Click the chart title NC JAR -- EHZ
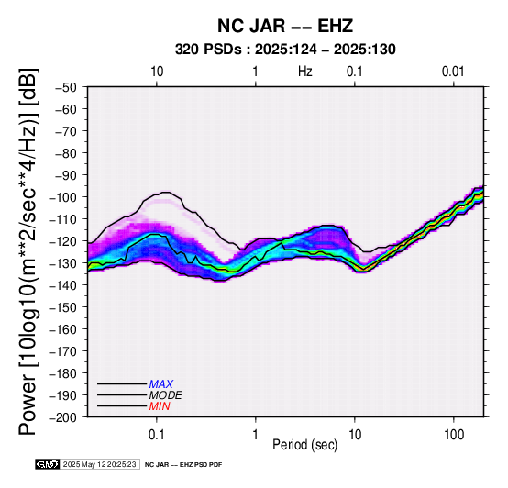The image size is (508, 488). (x=285, y=26)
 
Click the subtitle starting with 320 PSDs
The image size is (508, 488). (x=285, y=50)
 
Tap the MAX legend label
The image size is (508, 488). (x=161, y=384)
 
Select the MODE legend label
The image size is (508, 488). (x=166, y=395)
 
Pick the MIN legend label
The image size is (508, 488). (x=160, y=406)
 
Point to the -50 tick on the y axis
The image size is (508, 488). (x=65, y=87)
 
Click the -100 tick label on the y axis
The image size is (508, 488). (x=63, y=197)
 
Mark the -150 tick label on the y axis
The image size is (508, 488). (x=63, y=307)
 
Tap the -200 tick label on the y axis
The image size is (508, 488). (x=63, y=417)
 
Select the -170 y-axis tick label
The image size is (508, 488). (x=63, y=351)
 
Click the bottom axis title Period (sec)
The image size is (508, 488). (x=305, y=445)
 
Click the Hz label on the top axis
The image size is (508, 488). (x=305, y=72)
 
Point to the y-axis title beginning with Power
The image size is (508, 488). (x=28, y=251)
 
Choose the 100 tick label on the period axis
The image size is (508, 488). (x=454, y=435)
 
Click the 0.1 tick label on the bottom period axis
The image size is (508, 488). (x=157, y=435)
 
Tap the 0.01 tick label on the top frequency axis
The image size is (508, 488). (x=453, y=72)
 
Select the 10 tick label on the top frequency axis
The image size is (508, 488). (x=157, y=72)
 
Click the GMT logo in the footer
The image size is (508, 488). (x=48, y=464)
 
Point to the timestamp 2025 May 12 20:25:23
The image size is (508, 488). (x=99, y=464)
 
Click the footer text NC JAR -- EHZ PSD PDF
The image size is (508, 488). (x=183, y=465)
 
